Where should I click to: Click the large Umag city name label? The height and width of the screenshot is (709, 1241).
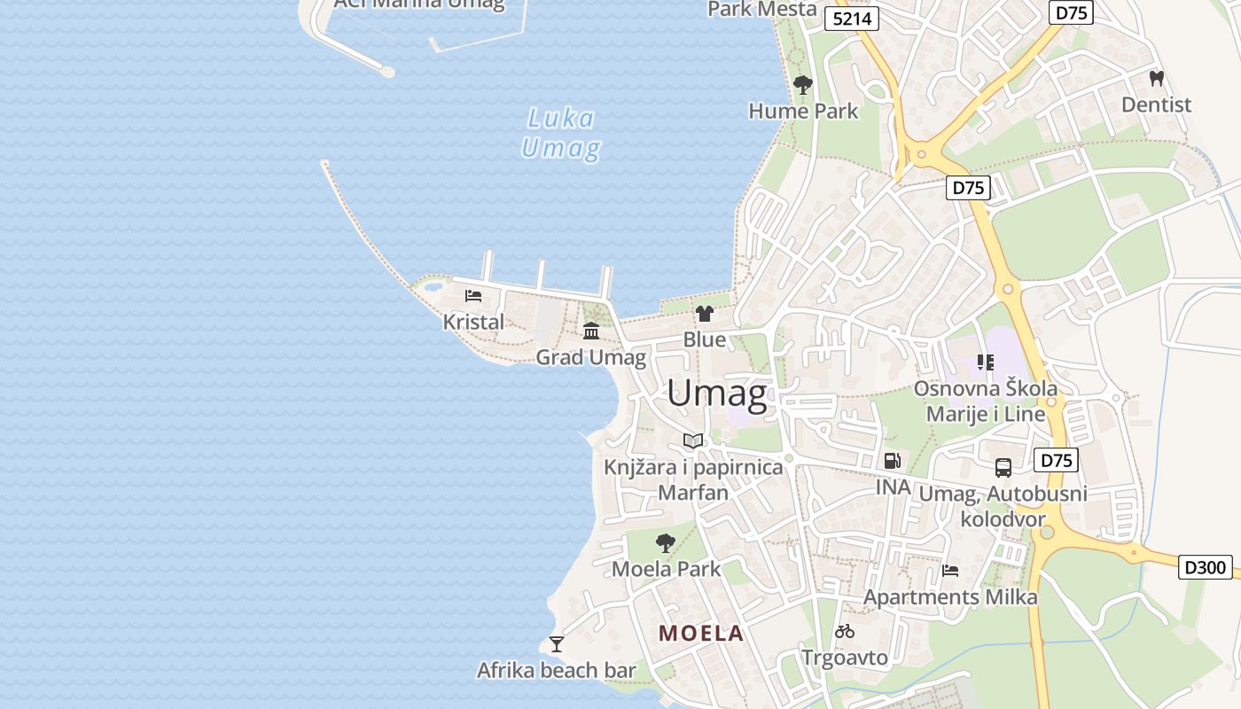716,393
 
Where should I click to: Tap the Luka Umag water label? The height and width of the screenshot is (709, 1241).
560,133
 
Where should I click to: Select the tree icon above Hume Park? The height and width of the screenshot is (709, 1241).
803,85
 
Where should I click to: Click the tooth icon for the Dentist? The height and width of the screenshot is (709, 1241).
1156,79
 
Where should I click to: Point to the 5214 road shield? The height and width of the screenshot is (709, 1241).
851,19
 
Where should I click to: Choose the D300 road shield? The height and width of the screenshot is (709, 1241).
1205,566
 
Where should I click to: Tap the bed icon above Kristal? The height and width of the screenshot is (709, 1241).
473,295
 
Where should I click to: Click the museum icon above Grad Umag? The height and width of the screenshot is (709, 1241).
591,331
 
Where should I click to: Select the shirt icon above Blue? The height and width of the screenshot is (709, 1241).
705,313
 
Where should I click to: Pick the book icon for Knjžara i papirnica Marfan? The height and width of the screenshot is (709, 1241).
693,440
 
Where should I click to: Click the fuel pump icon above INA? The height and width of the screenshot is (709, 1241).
893,460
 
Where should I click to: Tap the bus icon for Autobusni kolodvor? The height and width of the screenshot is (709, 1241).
1003,467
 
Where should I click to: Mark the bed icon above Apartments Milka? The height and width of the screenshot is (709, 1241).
950,570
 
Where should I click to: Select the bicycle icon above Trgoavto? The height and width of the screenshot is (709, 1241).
845,631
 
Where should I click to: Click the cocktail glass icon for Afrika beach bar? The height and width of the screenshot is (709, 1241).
557,643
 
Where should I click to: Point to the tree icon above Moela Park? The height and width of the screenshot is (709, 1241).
666,542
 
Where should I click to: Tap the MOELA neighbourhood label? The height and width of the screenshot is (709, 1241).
700,633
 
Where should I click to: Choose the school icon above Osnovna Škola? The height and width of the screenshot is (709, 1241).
985,362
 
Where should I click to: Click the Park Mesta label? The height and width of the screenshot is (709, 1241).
761,9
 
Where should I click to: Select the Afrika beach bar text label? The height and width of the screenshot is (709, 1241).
557,670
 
